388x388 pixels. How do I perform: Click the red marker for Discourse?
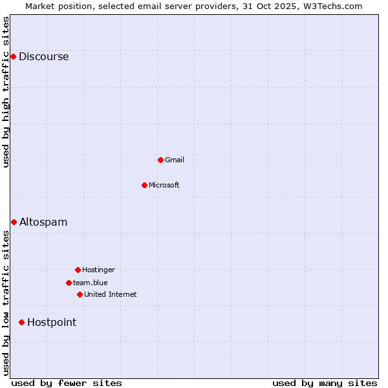(13, 57)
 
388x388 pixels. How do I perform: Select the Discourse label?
(43, 57)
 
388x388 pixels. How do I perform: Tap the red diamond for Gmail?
(160, 160)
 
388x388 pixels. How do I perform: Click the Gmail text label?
(175, 160)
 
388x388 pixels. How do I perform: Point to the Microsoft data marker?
(144, 185)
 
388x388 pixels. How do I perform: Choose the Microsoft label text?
(164, 186)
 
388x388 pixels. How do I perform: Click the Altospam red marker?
(14, 222)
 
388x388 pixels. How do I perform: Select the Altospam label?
(43, 222)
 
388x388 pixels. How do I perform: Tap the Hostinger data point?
(78, 270)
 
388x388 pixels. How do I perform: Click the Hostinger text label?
(98, 270)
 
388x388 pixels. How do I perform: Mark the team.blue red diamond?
(69, 283)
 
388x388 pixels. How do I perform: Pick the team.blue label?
(90, 283)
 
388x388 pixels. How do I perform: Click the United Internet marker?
(80, 294)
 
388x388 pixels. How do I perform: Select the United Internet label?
(110, 295)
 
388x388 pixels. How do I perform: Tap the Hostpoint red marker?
(21, 322)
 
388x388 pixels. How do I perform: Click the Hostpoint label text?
(52, 323)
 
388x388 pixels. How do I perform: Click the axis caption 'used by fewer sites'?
(67, 383)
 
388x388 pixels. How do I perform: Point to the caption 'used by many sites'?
(325, 383)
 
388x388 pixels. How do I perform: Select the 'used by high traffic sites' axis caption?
(6, 92)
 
